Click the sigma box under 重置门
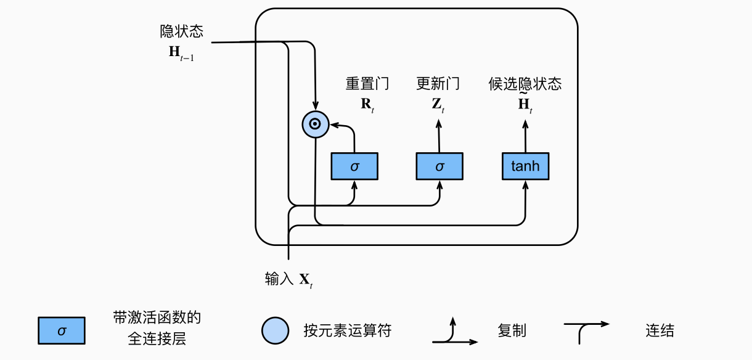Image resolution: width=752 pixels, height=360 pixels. click(354, 166)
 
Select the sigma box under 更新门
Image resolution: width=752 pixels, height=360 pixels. click(439, 166)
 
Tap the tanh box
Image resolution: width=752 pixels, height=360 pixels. click(525, 166)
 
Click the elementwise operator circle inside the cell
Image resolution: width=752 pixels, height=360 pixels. click(315, 125)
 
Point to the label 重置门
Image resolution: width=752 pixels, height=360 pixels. click(367, 84)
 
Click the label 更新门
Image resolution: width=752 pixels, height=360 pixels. click(438, 84)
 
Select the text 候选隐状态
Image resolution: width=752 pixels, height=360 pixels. click(525, 84)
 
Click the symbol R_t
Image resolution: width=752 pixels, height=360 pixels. click(367, 104)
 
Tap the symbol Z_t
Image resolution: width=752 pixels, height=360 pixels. click(438, 104)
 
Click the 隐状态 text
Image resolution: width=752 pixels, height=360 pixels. click(181, 31)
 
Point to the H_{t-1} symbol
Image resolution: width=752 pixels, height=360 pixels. click(181, 52)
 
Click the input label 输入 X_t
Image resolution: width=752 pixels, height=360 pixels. click(289, 279)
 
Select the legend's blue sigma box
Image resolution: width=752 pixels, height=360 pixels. click(61, 330)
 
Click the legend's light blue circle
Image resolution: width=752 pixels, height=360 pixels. click(275, 330)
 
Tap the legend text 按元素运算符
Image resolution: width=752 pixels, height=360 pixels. click(347, 330)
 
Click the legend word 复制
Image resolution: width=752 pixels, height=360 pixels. click(512, 330)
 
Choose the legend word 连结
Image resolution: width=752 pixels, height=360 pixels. click(660, 330)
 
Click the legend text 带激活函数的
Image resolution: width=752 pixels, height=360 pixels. click(157, 318)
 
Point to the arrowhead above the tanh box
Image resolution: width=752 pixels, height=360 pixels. click(525, 123)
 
